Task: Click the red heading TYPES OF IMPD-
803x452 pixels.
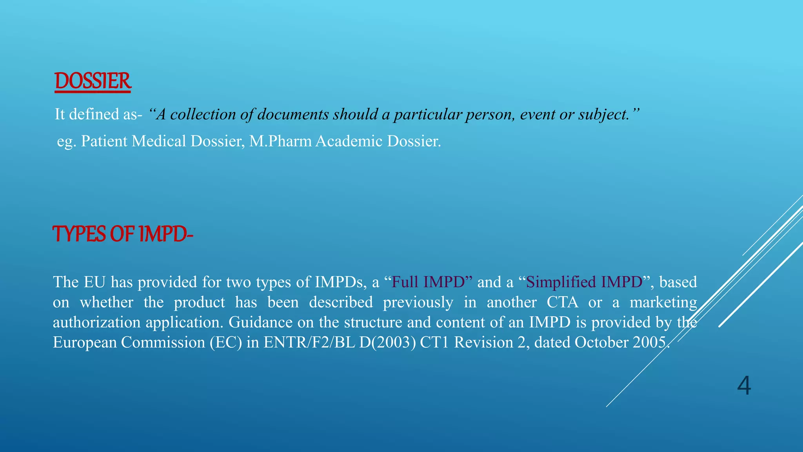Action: coord(123,234)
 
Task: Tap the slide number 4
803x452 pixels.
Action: coord(744,386)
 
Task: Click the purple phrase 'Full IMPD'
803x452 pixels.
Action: coord(428,282)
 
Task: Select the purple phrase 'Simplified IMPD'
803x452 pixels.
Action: coord(584,282)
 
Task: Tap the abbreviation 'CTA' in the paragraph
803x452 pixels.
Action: coord(562,303)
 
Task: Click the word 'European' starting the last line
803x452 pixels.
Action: coord(85,343)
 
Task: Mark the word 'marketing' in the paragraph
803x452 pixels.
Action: coord(663,303)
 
